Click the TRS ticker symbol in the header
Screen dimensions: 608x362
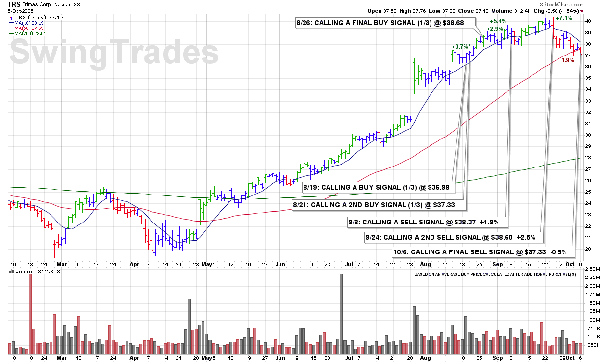tap(14, 4)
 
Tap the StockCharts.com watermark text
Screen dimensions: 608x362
tap(562, 4)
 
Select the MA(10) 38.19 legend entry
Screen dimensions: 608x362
tap(26, 23)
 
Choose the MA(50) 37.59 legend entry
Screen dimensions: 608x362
tap(26, 28)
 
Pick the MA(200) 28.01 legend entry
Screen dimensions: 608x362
tap(27, 34)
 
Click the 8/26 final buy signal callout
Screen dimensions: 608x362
tap(385, 23)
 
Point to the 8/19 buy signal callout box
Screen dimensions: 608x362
tap(379, 187)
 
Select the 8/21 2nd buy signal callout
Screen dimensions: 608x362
tap(379, 205)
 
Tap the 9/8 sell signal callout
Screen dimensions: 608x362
tap(428, 222)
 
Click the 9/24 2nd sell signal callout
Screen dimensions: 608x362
tap(454, 237)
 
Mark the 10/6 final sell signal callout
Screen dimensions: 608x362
tap(483, 252)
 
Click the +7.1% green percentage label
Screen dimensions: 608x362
tap(564, 18)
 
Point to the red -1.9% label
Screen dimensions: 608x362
tap(566, 60)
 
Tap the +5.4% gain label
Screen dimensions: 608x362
tap(498, 21)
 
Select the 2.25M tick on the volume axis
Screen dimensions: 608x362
tap(592, 277)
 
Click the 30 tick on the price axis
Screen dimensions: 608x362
tap(588, 135)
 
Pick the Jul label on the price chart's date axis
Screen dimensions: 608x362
tap(349, 264)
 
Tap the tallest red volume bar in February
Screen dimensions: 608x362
tap(30, 314)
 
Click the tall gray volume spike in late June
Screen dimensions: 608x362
tap(341, 313)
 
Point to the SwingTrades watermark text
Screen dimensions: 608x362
tap(114, 52)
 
